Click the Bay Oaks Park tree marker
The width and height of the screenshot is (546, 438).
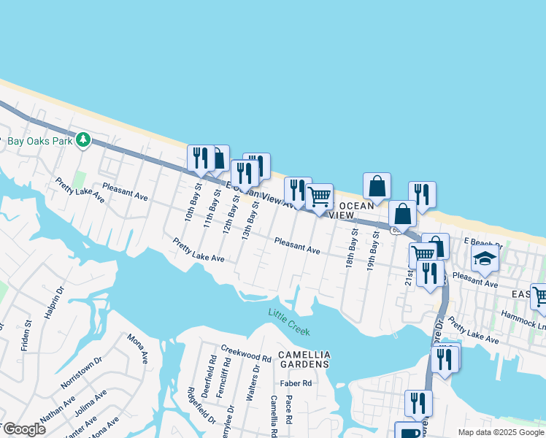(83, 139)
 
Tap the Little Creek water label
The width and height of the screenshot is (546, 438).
(289, 322)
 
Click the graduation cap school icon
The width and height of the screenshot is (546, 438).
(485, 259)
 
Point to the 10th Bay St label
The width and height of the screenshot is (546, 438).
(192, 207)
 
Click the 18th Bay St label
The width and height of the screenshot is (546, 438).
(352, 248)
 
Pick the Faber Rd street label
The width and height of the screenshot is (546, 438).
(296, 383)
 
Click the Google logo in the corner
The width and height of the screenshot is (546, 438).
(24, 429)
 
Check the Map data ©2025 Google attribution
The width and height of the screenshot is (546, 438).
(501, 432)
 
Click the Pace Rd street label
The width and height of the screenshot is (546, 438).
(289, 409)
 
